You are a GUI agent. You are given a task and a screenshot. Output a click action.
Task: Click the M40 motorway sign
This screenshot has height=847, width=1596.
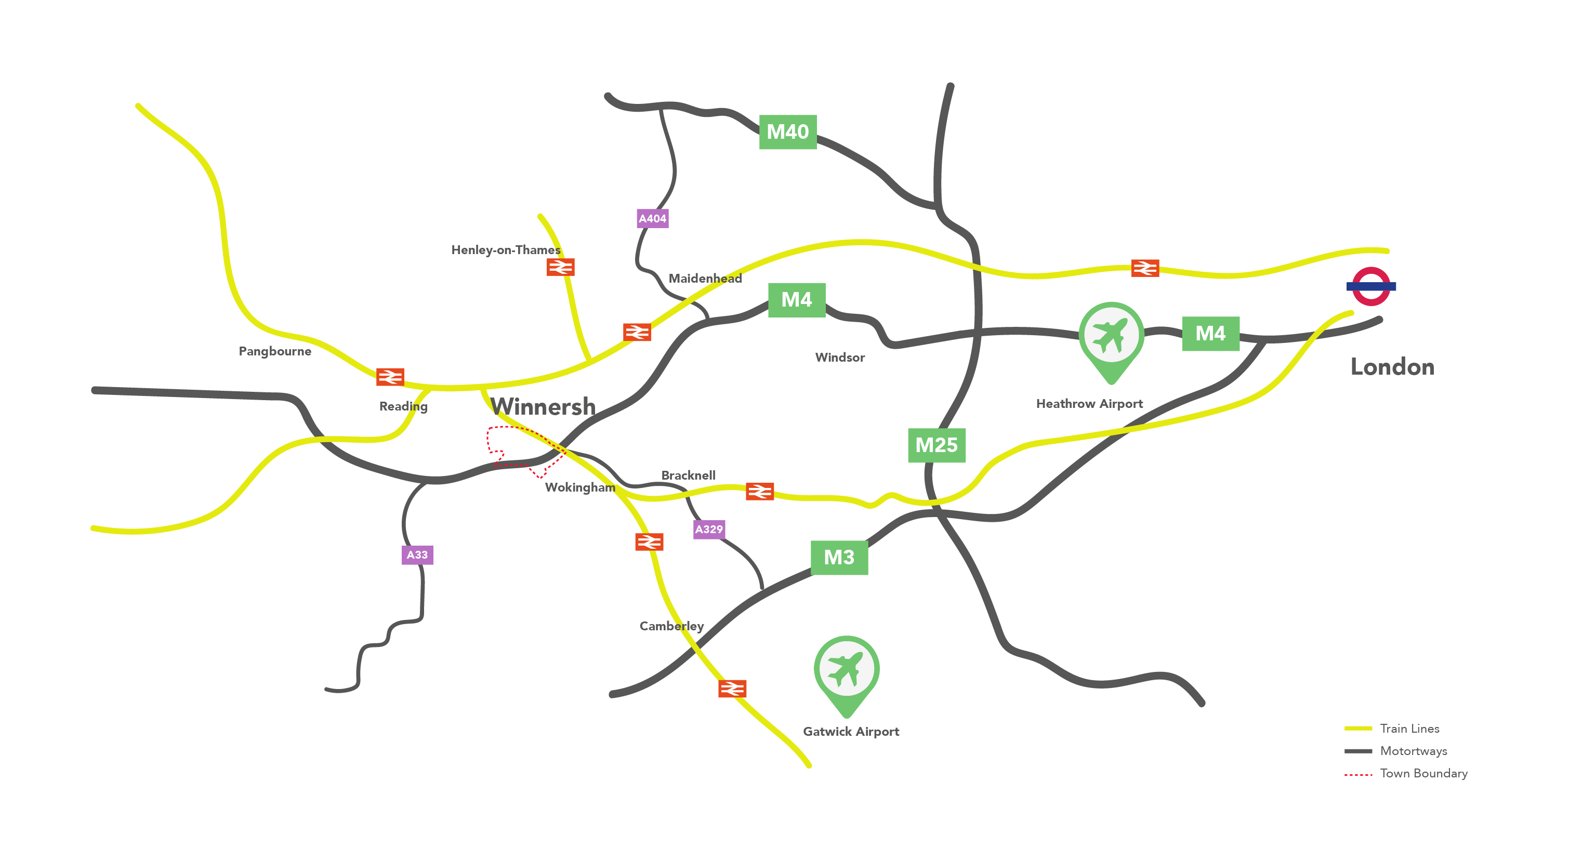click(787, 132)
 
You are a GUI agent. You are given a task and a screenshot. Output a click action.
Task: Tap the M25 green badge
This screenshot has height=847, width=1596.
click(936, 445)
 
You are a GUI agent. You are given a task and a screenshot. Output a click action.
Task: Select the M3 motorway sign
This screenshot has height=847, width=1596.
click(839, 558)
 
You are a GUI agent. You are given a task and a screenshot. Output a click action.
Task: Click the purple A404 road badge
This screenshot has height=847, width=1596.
click(652, 219)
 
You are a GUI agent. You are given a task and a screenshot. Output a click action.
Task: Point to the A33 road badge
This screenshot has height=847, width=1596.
click(417, 554)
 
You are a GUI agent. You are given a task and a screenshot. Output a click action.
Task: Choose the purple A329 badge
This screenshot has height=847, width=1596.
click(709, 529)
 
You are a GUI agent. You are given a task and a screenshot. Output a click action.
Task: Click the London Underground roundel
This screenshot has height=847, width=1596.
click(1370, 286)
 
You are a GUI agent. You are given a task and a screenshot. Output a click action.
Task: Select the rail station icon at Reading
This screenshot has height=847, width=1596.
click(390, 377)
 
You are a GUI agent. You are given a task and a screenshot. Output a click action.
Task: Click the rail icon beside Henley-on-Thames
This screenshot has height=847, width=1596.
click(560, 267)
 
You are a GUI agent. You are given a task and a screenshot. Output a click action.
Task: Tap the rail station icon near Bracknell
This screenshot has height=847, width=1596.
click(760, 492)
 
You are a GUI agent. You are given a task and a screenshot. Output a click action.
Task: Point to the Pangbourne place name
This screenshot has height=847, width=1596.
click(275, 351)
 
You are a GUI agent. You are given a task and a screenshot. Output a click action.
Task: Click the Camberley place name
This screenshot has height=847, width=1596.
click(671, 626)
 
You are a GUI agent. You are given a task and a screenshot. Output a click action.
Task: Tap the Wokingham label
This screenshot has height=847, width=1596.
click(580, 487)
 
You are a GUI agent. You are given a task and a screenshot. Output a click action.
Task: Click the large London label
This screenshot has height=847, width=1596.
click(1392, 367)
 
